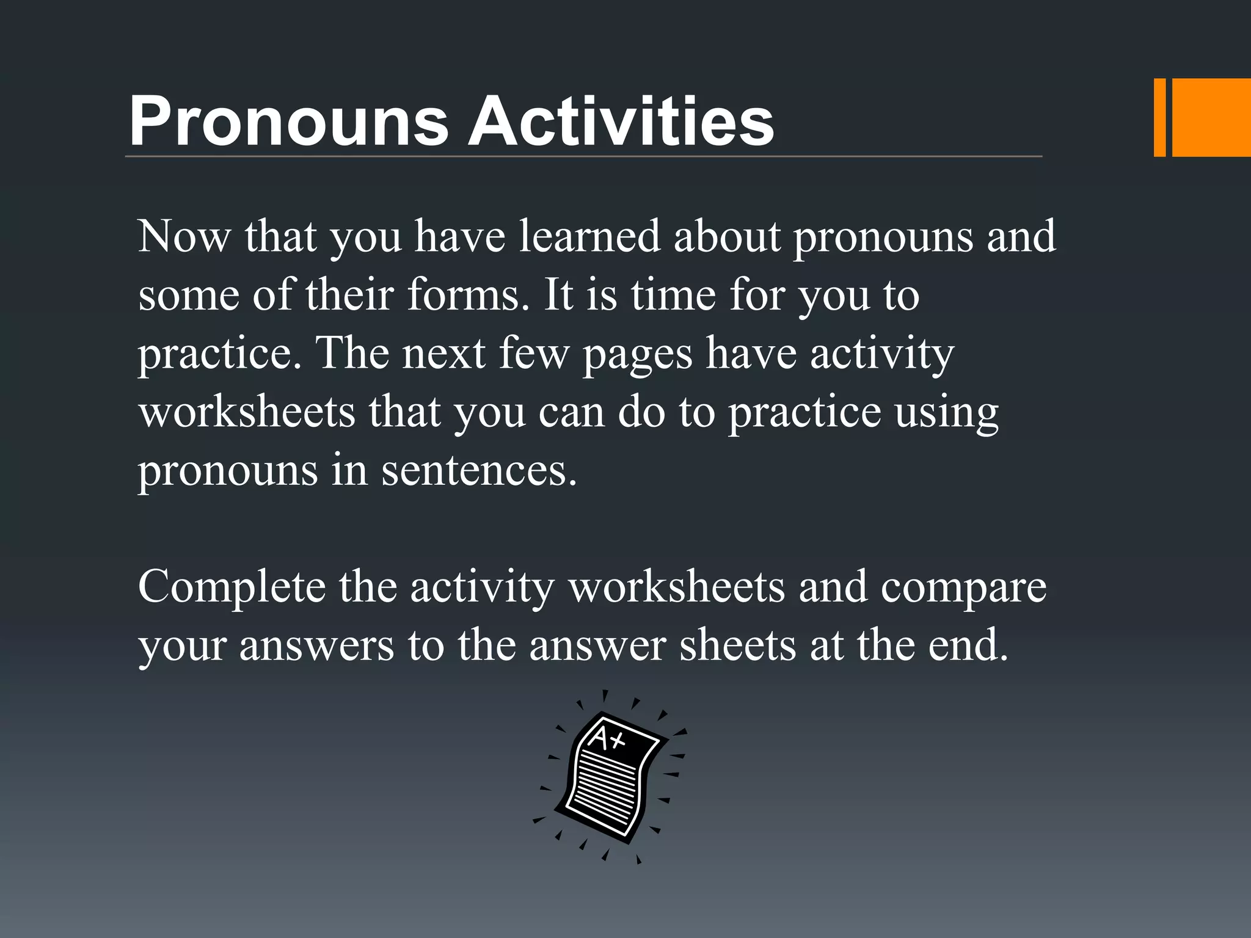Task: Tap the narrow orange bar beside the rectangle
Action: pyautogui.click(x=1159, y=118)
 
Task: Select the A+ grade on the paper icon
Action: pyautogui.click(x=606, y=740)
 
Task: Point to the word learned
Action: pyautogui.click(x=589, y=236)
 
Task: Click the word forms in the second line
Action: pyautogui.click(x=467, y=294)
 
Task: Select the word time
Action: pyautogui.click(x=673, y=294)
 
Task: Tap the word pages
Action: pyautogui.click(x=637, y=354)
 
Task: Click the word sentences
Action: pyautogui.click(x=479, y=471)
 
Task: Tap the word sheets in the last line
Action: pyautogui.click(x=738, y=645)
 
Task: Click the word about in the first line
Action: pyautogui.click(x=727, y=236)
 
